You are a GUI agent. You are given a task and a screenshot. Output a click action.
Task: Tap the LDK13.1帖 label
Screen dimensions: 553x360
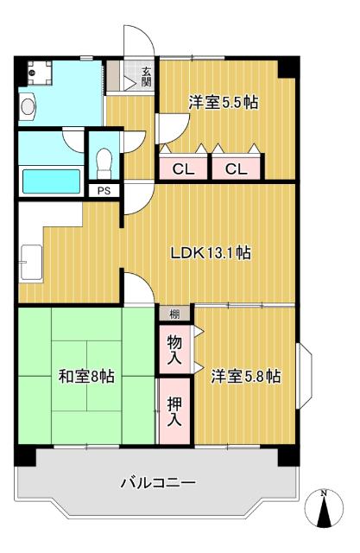[211, 253]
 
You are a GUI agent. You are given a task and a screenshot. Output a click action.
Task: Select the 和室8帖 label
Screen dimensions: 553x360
[86, 376]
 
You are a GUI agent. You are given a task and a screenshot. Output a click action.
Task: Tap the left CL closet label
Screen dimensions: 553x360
[182, 169]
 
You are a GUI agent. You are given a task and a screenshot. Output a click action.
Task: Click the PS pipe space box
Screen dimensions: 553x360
[104, 191]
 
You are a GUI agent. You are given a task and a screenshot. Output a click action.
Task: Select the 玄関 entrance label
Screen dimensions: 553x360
[147, 77]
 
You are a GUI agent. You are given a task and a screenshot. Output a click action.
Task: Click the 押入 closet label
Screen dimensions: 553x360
[174, 412]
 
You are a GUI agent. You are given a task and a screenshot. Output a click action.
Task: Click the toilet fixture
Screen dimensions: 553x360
[104, 161]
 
